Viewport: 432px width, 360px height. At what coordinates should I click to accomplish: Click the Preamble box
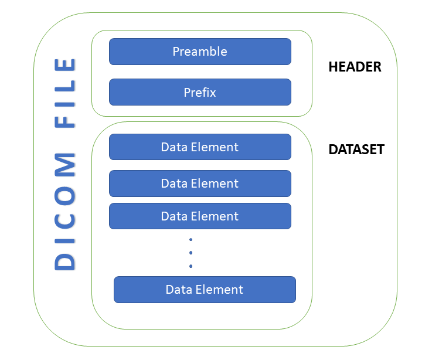pos(200,52)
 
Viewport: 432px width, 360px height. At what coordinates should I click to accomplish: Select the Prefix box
pos(200,92)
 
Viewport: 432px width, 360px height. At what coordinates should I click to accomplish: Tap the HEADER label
pos(355,67)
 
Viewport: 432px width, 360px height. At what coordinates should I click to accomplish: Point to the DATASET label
pos(356,150)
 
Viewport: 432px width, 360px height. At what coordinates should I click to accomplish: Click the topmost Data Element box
pos(200,147)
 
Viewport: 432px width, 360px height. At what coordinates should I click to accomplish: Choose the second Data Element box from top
pos(200,184)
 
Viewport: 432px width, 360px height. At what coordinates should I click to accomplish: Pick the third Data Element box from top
pos(200,216)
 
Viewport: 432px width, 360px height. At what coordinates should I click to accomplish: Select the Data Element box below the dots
pos(205,290)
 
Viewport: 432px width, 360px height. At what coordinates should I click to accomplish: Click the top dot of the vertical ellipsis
pos(191,240)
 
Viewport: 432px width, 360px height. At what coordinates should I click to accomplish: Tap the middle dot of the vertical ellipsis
pos(191,253)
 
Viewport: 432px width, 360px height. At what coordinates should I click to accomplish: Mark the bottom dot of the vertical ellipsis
pos(191,267)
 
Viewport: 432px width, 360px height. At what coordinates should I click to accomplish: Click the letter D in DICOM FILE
pos(65,261)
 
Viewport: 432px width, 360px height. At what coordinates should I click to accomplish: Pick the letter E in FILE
pos(65,66)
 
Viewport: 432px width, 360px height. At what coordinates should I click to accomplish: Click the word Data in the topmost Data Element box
pos(175,147)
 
